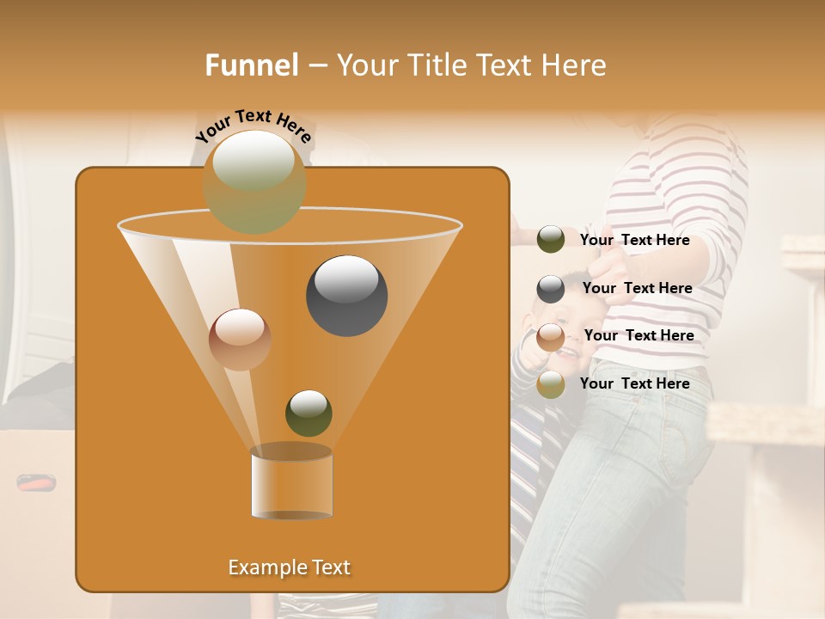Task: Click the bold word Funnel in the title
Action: point(252,64)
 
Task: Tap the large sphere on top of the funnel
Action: point(254,181)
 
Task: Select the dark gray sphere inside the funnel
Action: point(346,295)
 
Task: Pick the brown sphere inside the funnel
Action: point(240,340)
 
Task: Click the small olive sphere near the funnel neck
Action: point(309,413)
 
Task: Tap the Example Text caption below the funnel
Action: point(289,567)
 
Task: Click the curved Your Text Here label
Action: point(254,126)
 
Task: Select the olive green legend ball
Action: point(551,240)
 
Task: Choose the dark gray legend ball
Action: point(551,289)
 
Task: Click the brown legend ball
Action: point(551,336)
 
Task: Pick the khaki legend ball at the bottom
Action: point(551,384)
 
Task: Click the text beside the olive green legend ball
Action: point(634,240)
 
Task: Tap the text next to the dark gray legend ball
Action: point(637,288)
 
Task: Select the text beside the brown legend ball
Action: point(639,335)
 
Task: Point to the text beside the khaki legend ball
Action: point(634,383)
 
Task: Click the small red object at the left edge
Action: point(36,483)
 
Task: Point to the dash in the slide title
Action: point(317,66)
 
